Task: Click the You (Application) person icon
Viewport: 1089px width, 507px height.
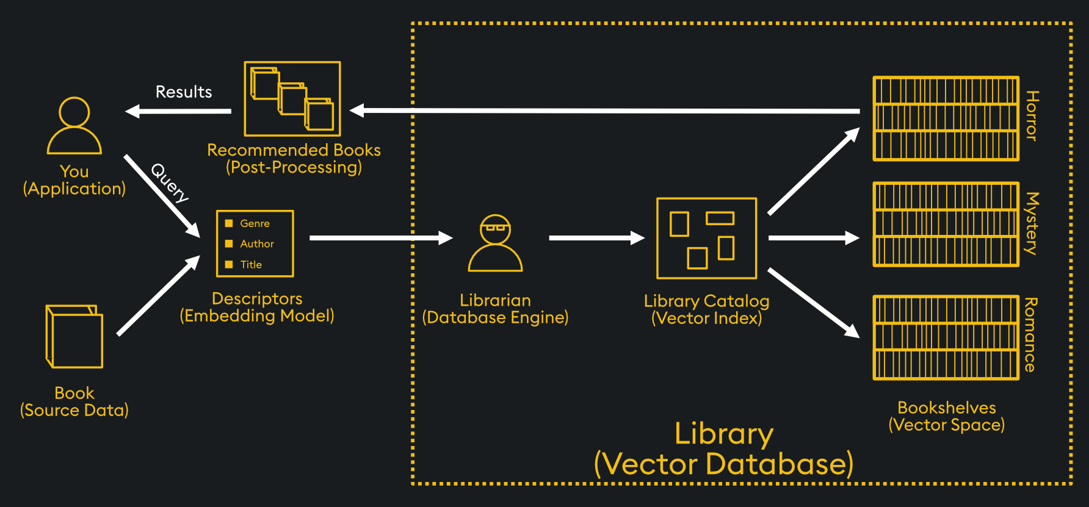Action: [x=74, y=126]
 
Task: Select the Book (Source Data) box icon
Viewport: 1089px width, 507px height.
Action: [x=74, y=337]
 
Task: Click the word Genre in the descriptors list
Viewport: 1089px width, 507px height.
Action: [x=255, y=224]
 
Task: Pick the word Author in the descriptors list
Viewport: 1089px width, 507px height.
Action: [x=257, y=244]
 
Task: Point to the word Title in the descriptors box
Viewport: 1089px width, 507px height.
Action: [x=251, y=265]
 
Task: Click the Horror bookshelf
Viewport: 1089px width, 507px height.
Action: [x=946, y=119]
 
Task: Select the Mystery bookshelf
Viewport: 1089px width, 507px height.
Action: [x=946, y=225]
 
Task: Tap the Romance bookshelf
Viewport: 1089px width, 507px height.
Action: [x=946, y=337]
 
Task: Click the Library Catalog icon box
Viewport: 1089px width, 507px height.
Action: [x=706, y=239]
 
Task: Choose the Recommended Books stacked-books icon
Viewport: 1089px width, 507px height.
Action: [x=292, y=99]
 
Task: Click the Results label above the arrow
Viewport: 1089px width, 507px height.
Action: [x=184, y=92]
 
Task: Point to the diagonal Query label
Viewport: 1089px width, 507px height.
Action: [x=170, y=182]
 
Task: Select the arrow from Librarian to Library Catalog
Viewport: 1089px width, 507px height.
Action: [x=596, y=238]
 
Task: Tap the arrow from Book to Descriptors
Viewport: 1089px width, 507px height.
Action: [x=158, y=296]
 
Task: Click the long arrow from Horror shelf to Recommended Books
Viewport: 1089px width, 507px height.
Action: [x=604, y=111]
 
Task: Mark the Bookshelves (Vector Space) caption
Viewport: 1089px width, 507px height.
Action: [x=946, y=416]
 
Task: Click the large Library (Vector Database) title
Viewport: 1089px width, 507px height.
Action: [x=723, y=449]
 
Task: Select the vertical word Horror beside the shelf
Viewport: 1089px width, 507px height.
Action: [x=1032, y=116]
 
